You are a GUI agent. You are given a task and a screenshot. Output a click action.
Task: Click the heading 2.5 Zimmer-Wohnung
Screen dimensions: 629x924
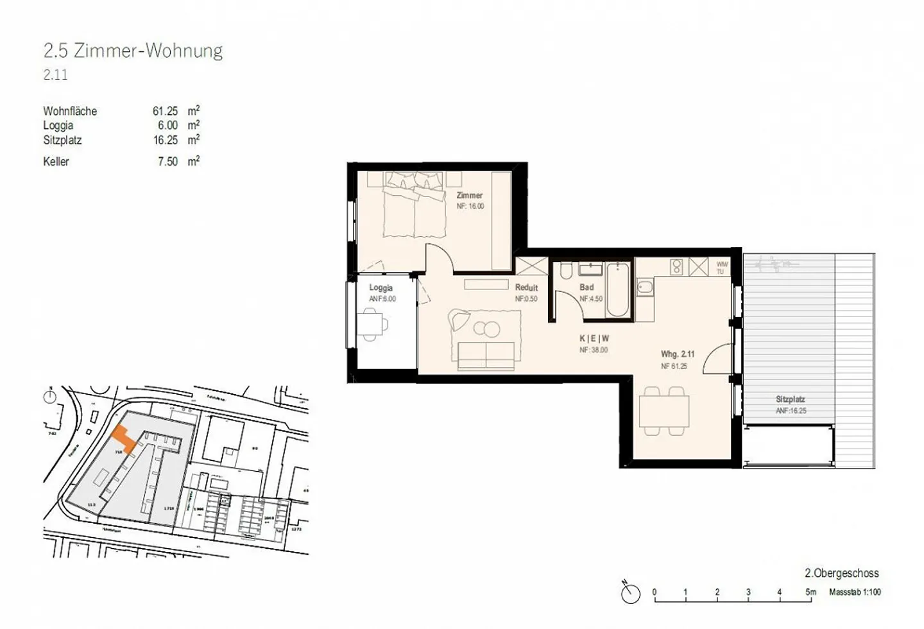[x=133, y=51]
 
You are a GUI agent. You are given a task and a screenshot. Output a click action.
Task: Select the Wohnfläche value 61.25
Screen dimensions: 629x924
[x=165, y=111]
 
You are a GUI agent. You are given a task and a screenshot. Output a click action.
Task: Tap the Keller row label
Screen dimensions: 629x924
[x=56, y=162]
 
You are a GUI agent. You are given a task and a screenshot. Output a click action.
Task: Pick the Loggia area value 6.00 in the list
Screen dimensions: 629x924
[x=167, y=126]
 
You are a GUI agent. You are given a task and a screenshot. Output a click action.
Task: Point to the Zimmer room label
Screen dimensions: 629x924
[x=469, y=195]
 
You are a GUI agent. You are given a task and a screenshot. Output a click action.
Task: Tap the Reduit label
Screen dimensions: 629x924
[x=526, y=288]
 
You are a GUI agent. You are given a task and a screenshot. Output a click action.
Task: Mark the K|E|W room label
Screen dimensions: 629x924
[x=594, y=338]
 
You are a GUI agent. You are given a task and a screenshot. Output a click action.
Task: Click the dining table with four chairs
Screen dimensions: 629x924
[x=664, y=411]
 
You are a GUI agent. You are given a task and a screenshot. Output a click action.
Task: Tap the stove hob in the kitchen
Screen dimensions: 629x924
[x=676, y=266]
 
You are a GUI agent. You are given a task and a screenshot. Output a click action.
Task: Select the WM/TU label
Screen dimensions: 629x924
[x=722, y=268]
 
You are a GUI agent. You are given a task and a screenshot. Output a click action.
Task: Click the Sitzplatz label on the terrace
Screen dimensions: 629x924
[x=790, y=399]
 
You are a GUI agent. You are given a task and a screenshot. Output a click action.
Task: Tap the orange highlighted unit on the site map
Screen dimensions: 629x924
[x=124, y=440]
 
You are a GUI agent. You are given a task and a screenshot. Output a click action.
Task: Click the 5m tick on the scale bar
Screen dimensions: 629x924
[x=810, y=592]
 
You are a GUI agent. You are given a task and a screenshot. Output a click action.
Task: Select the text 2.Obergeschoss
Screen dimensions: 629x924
[x=841, y=573]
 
